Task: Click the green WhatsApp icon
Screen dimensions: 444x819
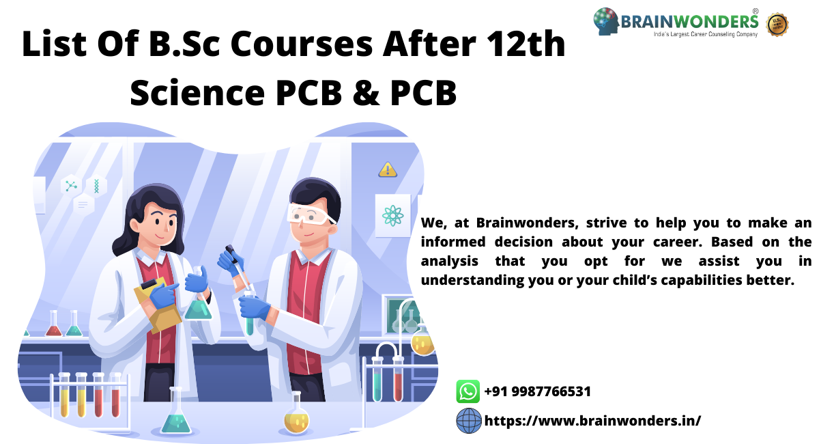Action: pos(468,391)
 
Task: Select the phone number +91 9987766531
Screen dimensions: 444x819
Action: pos(537,391)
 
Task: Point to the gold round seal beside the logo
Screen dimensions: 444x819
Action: pos(777,24)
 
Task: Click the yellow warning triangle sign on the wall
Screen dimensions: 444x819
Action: pos(388,169)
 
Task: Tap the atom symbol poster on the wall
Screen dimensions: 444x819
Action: pos(392,216)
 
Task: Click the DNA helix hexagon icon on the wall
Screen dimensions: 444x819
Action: pos(96,185)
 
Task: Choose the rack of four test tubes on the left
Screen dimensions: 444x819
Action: pos(89,396)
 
